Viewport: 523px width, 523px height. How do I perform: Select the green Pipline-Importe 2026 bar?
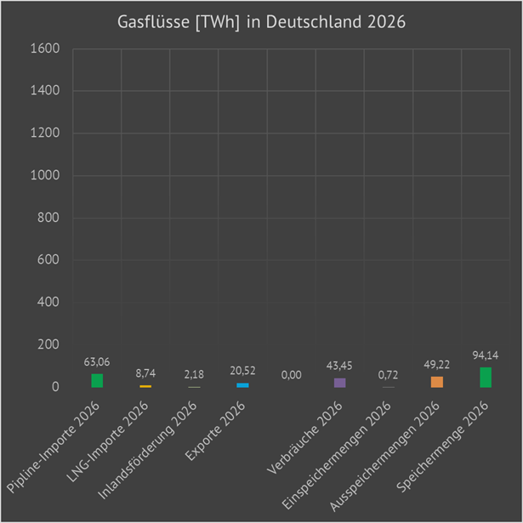point(97,381)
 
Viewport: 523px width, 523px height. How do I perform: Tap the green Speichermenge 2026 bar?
point(486,378)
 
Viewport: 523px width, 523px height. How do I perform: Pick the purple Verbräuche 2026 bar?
point(340,383)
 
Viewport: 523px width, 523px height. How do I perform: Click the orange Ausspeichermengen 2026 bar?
point(437,382)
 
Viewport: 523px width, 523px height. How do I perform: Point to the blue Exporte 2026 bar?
point(243,385)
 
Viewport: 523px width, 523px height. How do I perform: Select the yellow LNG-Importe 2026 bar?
point(145,386)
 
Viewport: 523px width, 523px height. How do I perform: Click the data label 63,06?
point(97,361)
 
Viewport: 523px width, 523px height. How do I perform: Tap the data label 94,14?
point(486,355)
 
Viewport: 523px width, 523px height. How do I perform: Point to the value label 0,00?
point(292,375)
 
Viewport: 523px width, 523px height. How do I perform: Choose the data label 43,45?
point(340,366)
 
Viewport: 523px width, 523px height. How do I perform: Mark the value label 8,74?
point(145,372)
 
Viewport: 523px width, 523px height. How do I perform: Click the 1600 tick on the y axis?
point(45,49)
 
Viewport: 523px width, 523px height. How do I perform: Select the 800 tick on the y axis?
point(48,219)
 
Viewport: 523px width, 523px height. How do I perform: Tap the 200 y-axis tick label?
point(48,345)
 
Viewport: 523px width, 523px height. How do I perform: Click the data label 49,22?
point(437,364)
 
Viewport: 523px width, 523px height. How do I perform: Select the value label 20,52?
point(243,371)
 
